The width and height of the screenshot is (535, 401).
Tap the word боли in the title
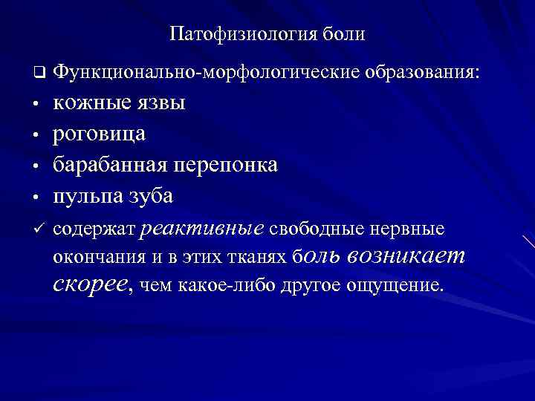point(344,35)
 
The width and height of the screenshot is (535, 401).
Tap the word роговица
point(99,134)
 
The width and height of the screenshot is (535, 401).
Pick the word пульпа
point(87,196)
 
